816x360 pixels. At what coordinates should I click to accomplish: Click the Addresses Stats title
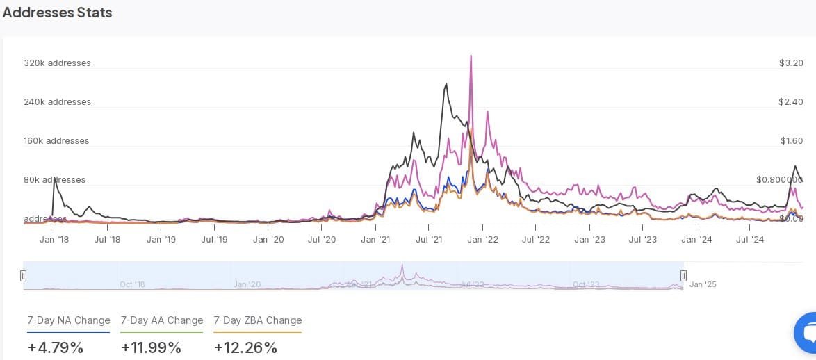(57, 13)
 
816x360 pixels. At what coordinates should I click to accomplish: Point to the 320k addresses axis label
(57, 63)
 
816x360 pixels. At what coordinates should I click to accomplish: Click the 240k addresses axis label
(57, 101)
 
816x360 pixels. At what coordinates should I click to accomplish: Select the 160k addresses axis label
(57, 140)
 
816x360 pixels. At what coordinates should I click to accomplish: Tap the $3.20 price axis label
(791, 63)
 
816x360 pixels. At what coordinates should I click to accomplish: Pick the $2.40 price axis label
(791, 101)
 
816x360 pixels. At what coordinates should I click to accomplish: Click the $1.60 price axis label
(791, 140)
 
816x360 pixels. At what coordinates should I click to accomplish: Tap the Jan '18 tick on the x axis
(54, 239)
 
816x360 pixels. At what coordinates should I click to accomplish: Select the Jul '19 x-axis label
(214, 239)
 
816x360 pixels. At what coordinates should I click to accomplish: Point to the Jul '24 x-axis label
(750, 239)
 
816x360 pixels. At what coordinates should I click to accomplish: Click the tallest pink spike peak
(471, 56)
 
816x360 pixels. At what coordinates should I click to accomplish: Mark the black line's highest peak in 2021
(446, 84)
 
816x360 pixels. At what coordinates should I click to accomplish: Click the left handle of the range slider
(23, 276)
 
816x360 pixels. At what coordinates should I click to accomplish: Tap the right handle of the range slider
(683, 276)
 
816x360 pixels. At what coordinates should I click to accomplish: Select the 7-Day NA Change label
(69, 320)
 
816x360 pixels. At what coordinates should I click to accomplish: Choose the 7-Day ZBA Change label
(257, 320)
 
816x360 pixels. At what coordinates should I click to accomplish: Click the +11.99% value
(151, 347)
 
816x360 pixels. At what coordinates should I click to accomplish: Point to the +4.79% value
(56, 347)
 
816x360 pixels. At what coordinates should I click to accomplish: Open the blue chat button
(807, 334)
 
